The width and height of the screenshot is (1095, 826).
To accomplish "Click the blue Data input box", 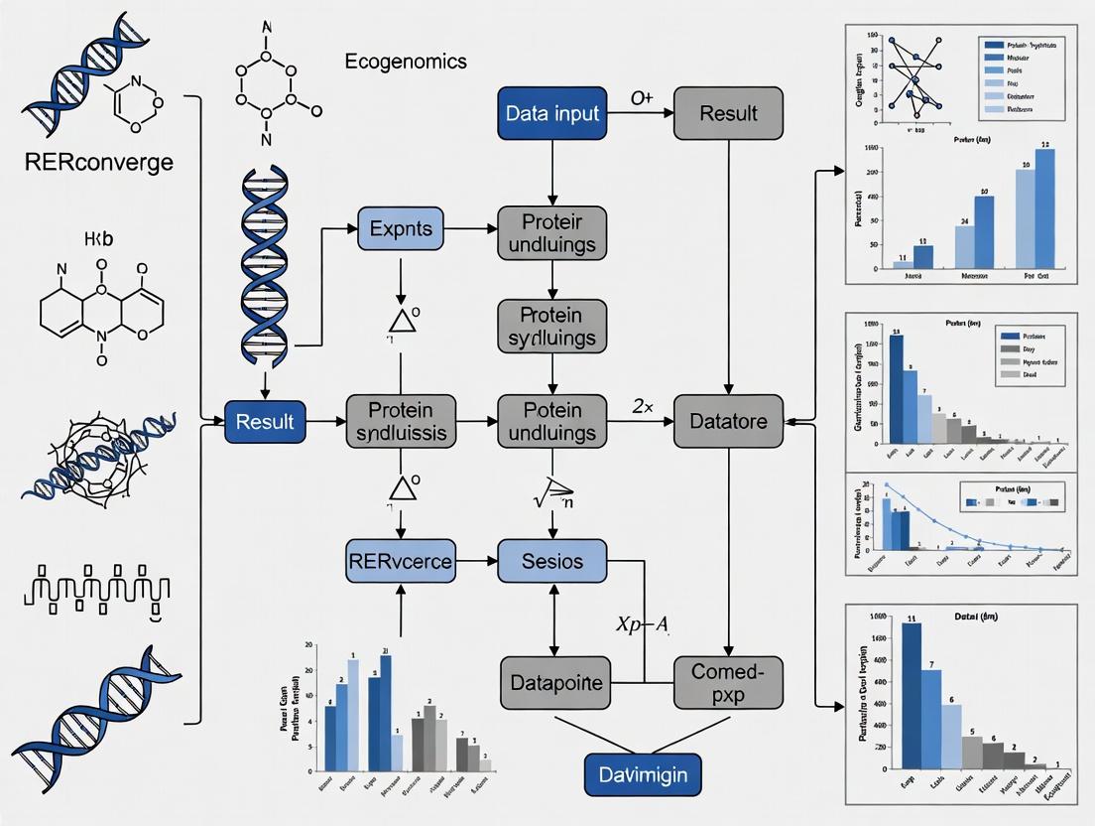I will point(552,113).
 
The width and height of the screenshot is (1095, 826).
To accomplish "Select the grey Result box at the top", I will point(728,113).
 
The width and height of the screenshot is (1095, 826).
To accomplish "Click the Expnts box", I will point(401,228).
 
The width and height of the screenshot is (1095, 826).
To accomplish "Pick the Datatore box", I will point(728,422).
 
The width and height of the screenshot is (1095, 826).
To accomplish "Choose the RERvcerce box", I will point(400,561).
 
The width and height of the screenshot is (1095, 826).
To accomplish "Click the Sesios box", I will point(552,561).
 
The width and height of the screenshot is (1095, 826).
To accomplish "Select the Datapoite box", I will point(552,683).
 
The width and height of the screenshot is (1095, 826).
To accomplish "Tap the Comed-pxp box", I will point(728,682).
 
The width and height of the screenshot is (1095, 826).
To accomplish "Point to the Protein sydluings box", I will point(552,326).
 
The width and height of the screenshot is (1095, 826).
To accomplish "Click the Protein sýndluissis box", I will point(400,421).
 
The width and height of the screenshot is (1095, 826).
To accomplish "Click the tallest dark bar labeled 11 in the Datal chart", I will point(912,695).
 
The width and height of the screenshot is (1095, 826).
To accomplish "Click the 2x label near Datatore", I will point(641,405).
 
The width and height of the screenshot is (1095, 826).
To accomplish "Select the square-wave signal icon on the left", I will point(92,588).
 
